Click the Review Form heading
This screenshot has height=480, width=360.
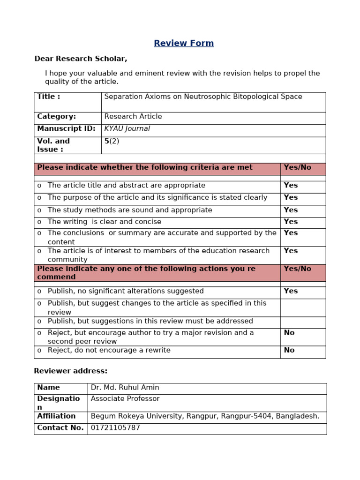click(x=184, y=44)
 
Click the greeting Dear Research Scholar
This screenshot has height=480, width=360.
click(x=81, y=59)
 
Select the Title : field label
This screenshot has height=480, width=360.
click(x=49, y=97)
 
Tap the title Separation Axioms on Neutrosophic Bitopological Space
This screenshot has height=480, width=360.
click(x=203, y=97)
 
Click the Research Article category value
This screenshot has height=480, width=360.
click(x=133, y=117)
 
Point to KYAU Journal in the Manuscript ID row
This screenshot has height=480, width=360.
click(x=127, y=129)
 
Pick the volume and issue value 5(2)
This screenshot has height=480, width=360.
click(x=112, y=141)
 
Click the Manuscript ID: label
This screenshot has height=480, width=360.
click(x=66, y=129)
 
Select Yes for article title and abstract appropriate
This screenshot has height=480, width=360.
click(x=291, y=186)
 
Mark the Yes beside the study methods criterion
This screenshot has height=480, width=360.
click(x=291, y=210)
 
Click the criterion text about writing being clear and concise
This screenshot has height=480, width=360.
click(x=104, y=222)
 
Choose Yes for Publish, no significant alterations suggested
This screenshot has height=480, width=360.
click(x=291, y=291)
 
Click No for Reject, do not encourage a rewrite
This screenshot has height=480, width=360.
click(x=289, y=350)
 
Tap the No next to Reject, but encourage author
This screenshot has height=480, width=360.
click(x=289, y=333)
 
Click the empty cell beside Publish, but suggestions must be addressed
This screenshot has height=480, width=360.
click(x=303, y=322)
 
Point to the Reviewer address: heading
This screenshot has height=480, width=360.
click(x=71, y=371)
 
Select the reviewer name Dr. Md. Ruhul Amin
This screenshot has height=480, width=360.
click(x=125, y=388)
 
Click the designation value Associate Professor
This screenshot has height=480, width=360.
click(x=125, y=399)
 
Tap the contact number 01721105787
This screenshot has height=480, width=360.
click(x=115, y=428)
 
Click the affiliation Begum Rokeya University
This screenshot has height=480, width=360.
click(x=205, y=416)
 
